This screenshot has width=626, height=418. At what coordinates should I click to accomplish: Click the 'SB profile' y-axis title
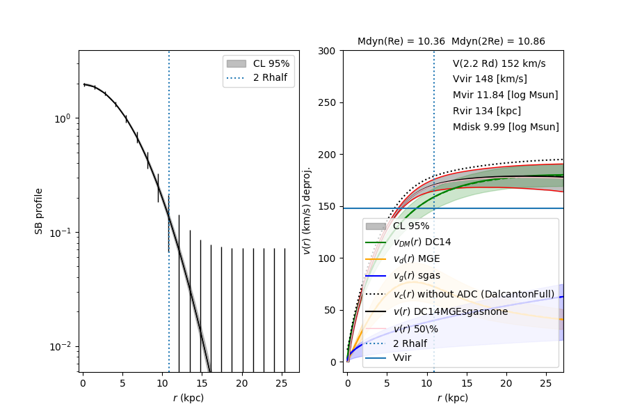40,210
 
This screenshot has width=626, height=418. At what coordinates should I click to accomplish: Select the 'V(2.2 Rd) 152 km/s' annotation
499,63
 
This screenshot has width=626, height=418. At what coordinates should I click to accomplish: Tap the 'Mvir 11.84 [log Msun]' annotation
505,95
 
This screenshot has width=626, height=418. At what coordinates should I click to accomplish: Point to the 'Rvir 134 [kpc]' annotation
486,111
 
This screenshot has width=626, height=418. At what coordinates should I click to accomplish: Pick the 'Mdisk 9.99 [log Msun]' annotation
506,127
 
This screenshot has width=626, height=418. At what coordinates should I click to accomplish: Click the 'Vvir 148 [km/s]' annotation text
489,79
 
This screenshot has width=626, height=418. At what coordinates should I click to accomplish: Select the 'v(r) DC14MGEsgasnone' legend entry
450,311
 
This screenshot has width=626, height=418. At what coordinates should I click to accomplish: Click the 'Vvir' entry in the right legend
402,357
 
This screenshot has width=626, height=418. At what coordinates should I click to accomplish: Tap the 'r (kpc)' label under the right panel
452,398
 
